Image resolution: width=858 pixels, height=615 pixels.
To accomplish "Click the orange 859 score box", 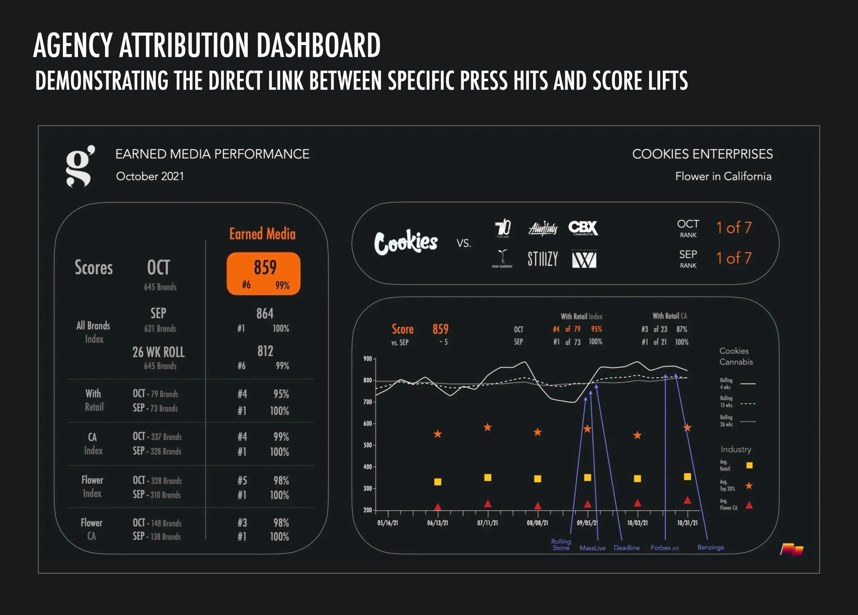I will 263,273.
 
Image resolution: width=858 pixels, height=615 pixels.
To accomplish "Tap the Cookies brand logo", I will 406,242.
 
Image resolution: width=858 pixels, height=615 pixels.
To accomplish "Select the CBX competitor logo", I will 583,228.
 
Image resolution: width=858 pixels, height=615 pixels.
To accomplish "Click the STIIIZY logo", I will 542,259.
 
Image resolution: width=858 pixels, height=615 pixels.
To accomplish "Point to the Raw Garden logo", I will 502,259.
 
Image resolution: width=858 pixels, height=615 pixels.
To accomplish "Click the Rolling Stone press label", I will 561,544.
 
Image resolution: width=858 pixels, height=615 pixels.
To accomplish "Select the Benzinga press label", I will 710,547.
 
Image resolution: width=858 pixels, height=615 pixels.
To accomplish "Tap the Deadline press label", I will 626,548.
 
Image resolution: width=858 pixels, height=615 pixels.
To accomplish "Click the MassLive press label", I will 592,548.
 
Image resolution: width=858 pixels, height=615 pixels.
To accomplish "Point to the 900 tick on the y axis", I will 368,358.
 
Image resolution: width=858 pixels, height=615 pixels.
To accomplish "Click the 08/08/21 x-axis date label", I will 537,523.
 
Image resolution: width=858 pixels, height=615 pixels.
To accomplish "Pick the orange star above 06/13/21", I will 438,434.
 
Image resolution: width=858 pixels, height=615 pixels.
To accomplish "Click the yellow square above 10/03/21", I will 637,479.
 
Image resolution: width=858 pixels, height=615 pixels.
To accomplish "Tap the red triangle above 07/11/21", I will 488,504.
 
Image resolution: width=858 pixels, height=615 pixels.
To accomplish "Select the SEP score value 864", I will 265,313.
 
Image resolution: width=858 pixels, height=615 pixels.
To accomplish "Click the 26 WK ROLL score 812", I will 265,351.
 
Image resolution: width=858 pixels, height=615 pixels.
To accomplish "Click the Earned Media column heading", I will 262,234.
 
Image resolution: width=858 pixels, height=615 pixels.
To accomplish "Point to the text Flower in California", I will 723,176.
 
